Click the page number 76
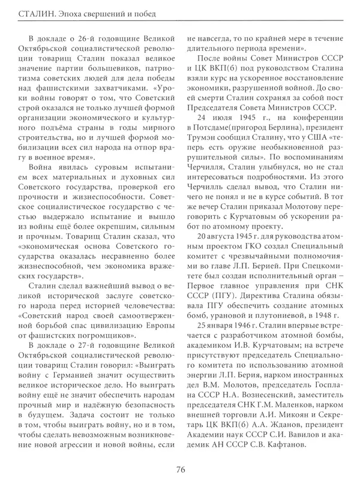(x=180, y=470)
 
